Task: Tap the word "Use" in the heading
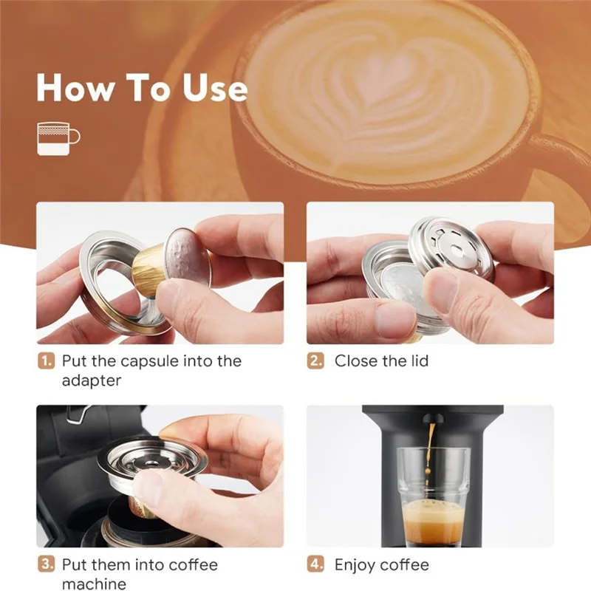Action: click(216, 87)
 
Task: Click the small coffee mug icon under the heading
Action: click(58, 139)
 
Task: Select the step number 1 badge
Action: click(46, 361)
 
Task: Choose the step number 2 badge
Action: click(315, 361)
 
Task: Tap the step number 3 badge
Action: click(46, 564)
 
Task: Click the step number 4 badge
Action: click(315, 564)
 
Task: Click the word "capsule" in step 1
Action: click(150, 362)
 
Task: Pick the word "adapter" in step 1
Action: click(92, 380)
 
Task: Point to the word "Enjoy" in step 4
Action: click(355, 565)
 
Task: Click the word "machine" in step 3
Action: click(95, 584)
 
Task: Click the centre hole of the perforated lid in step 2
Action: click(457, 249)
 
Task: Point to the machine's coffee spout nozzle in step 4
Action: click(432, 418)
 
